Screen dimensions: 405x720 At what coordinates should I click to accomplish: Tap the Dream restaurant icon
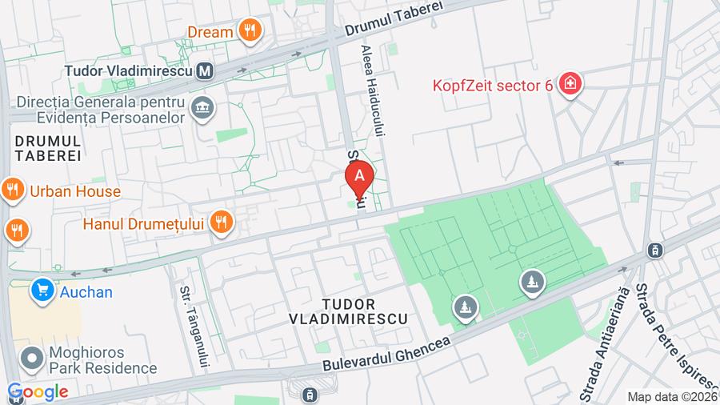pos(251,32)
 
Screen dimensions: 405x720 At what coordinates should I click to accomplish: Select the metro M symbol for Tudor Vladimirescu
pos(206,71)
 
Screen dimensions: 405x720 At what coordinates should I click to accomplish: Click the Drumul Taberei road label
pos(394,18)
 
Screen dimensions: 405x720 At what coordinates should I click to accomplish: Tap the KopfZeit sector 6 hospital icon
pos(570,83)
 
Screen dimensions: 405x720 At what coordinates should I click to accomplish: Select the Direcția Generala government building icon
pos(202,106)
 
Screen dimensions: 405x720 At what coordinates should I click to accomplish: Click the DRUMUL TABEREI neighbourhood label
pos(48,148)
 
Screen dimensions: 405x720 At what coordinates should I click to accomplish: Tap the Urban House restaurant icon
pos(12,190)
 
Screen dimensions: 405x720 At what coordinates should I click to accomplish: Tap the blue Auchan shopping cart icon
pos(42,291)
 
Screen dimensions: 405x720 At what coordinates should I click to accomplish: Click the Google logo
pos(38,391)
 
